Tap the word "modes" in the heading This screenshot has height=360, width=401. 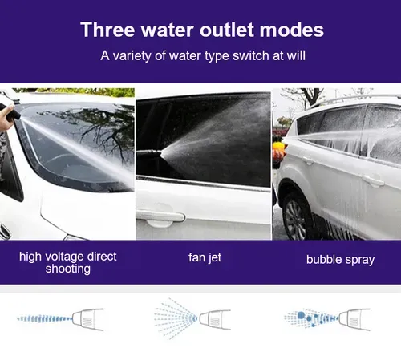pyautogui.click(x=290, y=30)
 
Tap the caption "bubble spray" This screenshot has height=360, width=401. pyautogui.click(x=340, y=260)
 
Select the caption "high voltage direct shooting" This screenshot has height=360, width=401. pyautogui.click(x=68, y=262)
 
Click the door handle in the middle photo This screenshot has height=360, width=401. pyautogui.click(x=160, y=215)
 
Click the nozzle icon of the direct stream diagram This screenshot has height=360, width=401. pyautogui.click(x=91, y=319)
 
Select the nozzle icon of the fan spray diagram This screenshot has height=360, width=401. pyautogui.click(x=215, y=318)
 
